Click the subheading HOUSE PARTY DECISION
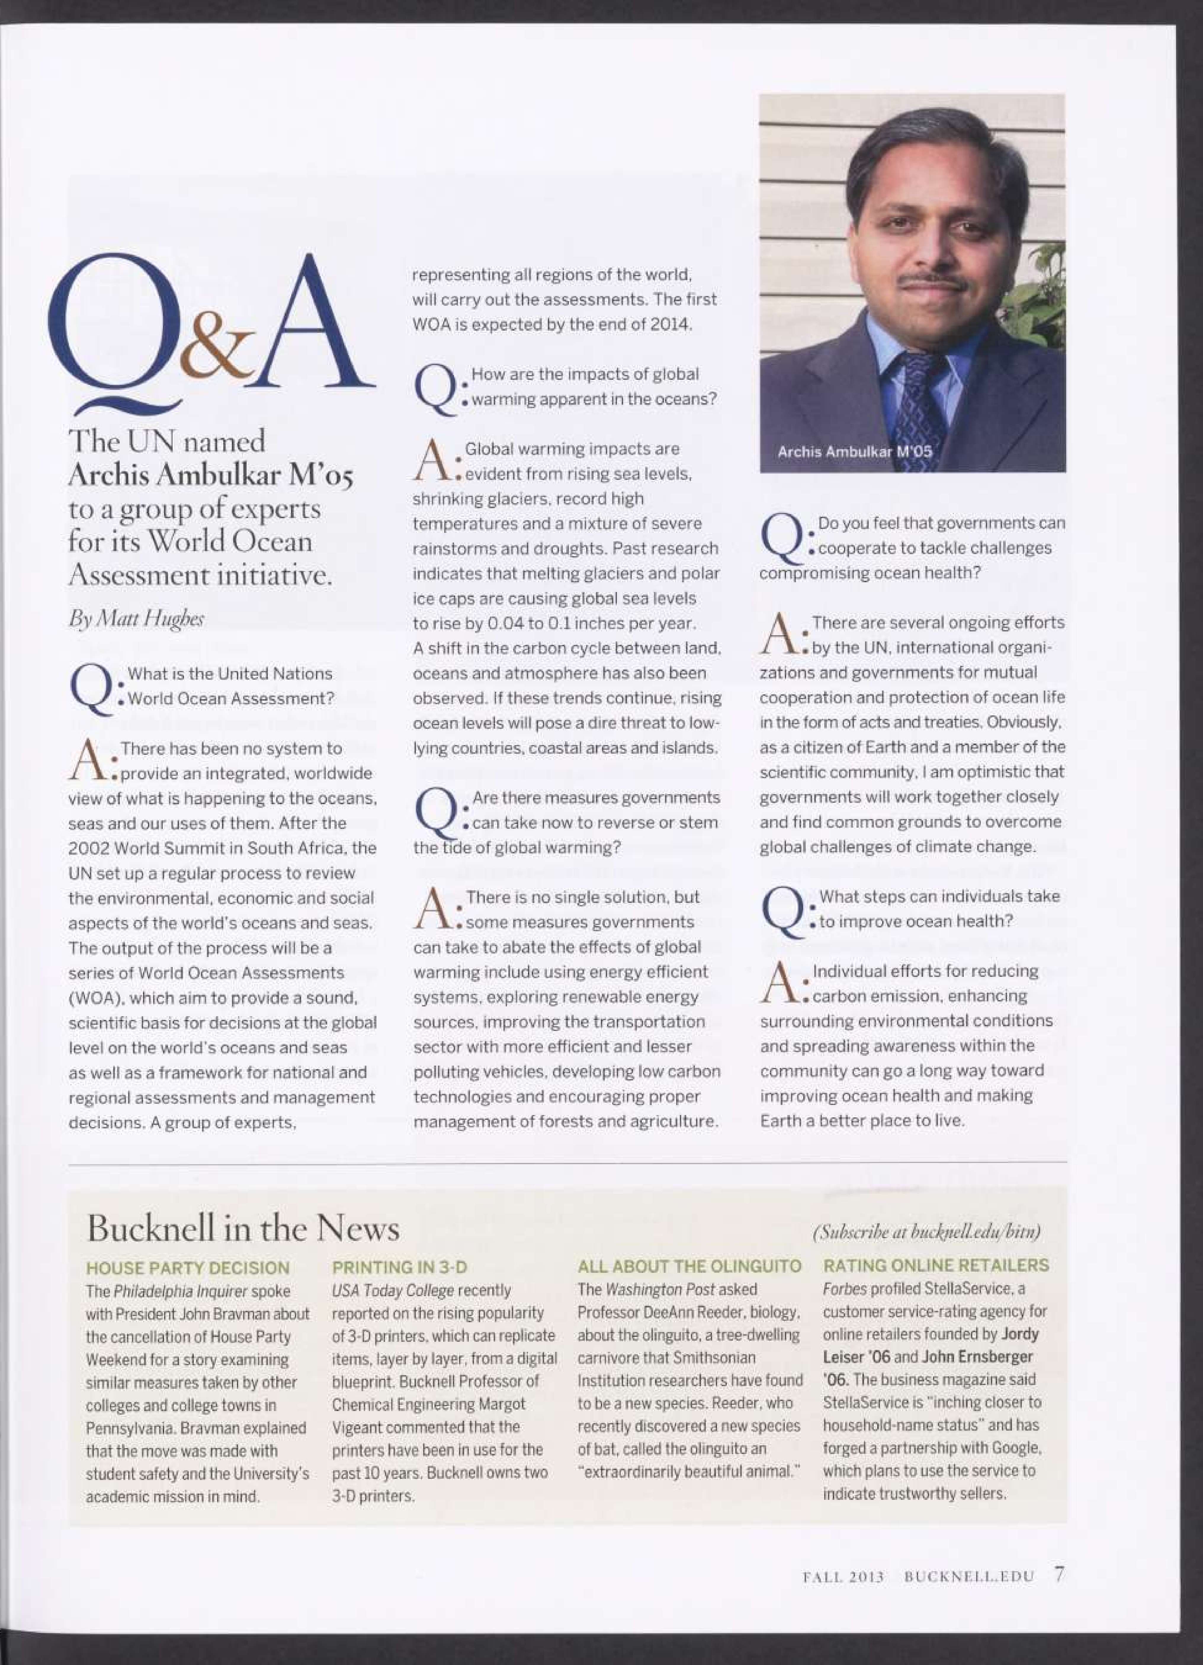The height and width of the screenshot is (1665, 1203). pyautogui.click(x=188, y=1268)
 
